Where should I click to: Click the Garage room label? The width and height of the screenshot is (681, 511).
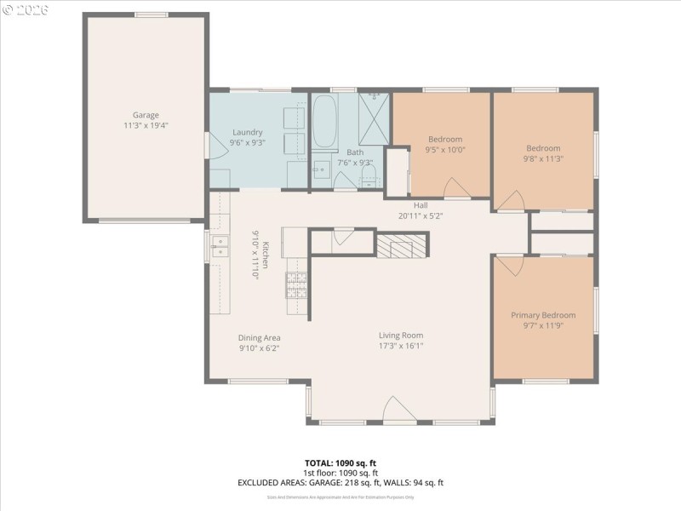[145, 115]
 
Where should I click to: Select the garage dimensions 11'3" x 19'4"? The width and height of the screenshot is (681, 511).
[145, 125]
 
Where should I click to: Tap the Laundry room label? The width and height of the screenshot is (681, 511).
[248, 132]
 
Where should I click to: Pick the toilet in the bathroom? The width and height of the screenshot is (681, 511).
[369, 176]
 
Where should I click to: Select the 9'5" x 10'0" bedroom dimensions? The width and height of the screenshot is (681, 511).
[444, 150]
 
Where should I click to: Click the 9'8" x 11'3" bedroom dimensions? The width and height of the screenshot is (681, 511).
[542, 158]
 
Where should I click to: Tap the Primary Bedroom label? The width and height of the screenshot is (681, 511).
[543, 315]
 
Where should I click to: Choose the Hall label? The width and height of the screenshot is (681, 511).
[421, 205]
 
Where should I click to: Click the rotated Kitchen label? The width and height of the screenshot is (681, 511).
[265, 255]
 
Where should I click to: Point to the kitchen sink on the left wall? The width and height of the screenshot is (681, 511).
[220, 247]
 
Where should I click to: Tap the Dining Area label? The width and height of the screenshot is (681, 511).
[259, 337]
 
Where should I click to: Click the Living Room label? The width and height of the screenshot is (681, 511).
[400, 335]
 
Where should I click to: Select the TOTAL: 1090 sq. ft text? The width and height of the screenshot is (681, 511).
[340, 462]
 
